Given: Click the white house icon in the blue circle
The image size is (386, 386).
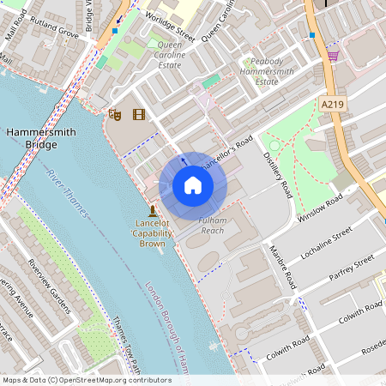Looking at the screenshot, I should (193, 185).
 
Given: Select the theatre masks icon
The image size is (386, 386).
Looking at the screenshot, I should (114, 113).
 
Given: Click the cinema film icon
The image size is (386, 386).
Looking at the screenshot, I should (138, 113).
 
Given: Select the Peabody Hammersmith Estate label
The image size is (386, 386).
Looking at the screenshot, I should (273, 71).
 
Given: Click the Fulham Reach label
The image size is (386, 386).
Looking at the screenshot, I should (212, 226).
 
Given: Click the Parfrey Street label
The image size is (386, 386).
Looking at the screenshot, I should (352, 268).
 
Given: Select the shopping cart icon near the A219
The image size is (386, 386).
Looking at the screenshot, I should (333, 56).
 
